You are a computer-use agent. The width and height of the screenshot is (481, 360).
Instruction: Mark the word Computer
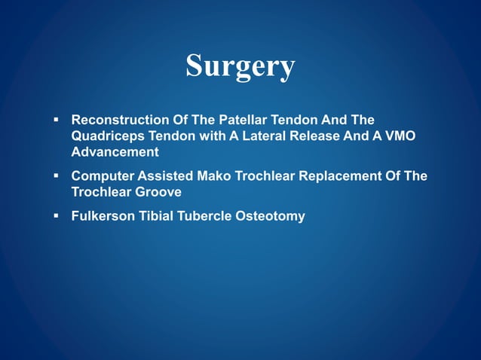(x=101, y=176)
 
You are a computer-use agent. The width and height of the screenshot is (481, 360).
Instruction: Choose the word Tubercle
(x=207, y=216)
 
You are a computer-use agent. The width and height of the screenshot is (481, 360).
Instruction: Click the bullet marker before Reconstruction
(x=57, y=121)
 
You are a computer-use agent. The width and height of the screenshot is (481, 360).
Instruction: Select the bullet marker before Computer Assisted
(x=57, y=176)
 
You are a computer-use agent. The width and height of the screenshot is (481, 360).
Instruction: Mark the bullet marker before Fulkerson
(x=57, y=216)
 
